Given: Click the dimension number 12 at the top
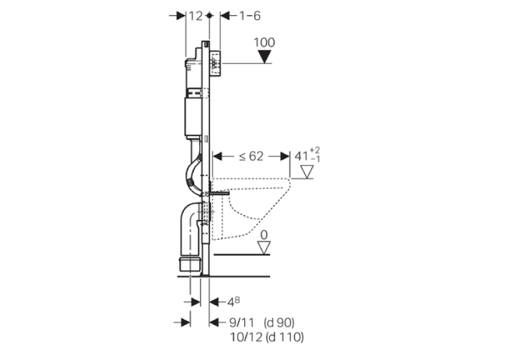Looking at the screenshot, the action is pyautogui.click(x=195, y=16).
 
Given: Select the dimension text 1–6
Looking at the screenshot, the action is pyautogui.click(x=250, y=16).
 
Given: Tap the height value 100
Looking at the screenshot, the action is pyautogui.click(x=265, y=42).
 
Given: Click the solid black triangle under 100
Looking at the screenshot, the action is pyautogui.click(x=265, y=57).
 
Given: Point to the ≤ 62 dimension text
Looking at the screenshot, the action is pyautogui.click(x=252, y=157).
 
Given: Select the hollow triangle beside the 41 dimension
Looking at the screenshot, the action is pyautogui.click(x=307, y=172).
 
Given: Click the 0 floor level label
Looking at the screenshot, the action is pyautogui.click(x=264, y=235).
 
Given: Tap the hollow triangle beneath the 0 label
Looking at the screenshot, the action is pyautogui.click(x=264, y=248).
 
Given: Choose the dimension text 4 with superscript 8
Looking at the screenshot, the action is pyautogui.click(x=234, y=302).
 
